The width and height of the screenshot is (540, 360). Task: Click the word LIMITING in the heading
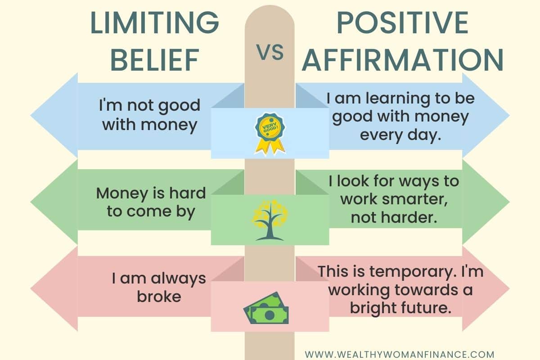pyautogui.click(x=154, y=22)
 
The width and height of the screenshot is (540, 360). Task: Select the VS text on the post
pyautogui.click(x=270, y=52)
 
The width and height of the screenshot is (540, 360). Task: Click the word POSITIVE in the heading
pyautogui.click(x=402, y=22)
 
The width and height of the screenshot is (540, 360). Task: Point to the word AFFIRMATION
pyautogui.click(x=402, y=60)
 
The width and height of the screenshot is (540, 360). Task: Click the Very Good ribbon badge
pyautogui.click(x=270, y=133)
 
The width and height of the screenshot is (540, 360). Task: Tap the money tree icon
pyautogui.click(x=270, y=220)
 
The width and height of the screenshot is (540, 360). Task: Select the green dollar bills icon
pyautogui.click(x=266, y=308)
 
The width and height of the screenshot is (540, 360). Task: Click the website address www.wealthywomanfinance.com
pyautogui.click(x=400, y=355)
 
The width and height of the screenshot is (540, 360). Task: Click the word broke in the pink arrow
pyautogui.click(x=159, y=297)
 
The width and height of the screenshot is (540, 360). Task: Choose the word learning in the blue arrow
pyautogui.click(x=398, y=99)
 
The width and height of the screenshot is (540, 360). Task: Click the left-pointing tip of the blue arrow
pyautogui.click(x=31, y=116)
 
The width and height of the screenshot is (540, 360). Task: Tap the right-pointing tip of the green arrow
pyautogui.click(x=509, y=202)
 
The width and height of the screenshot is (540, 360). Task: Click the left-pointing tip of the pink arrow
pyautogui.click(x=31, y=288)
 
